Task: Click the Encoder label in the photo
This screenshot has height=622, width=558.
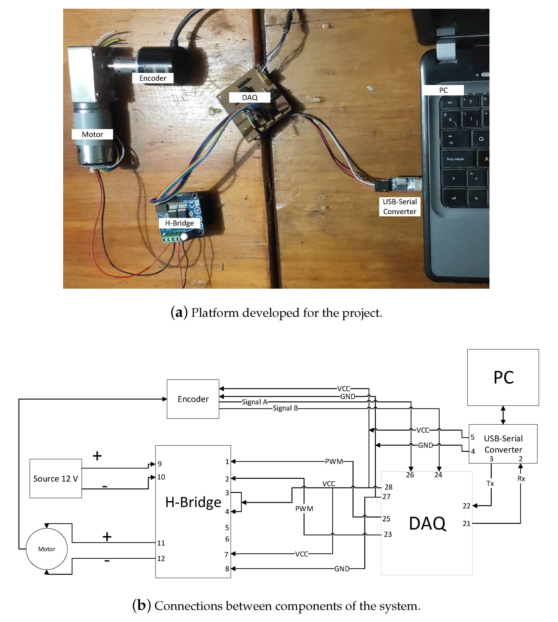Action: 153,78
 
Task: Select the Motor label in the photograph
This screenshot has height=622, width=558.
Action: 92,134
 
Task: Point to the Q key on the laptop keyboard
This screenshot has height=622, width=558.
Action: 481,139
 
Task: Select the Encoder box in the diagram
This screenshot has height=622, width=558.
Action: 193,399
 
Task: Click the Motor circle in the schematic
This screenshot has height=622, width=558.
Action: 47,549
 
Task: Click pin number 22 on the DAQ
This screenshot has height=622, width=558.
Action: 466,506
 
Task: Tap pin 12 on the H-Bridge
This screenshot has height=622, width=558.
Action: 161,559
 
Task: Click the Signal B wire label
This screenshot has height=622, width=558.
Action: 285,408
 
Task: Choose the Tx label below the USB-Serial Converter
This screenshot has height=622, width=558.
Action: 490,483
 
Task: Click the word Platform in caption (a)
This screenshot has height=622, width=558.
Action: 215,313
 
